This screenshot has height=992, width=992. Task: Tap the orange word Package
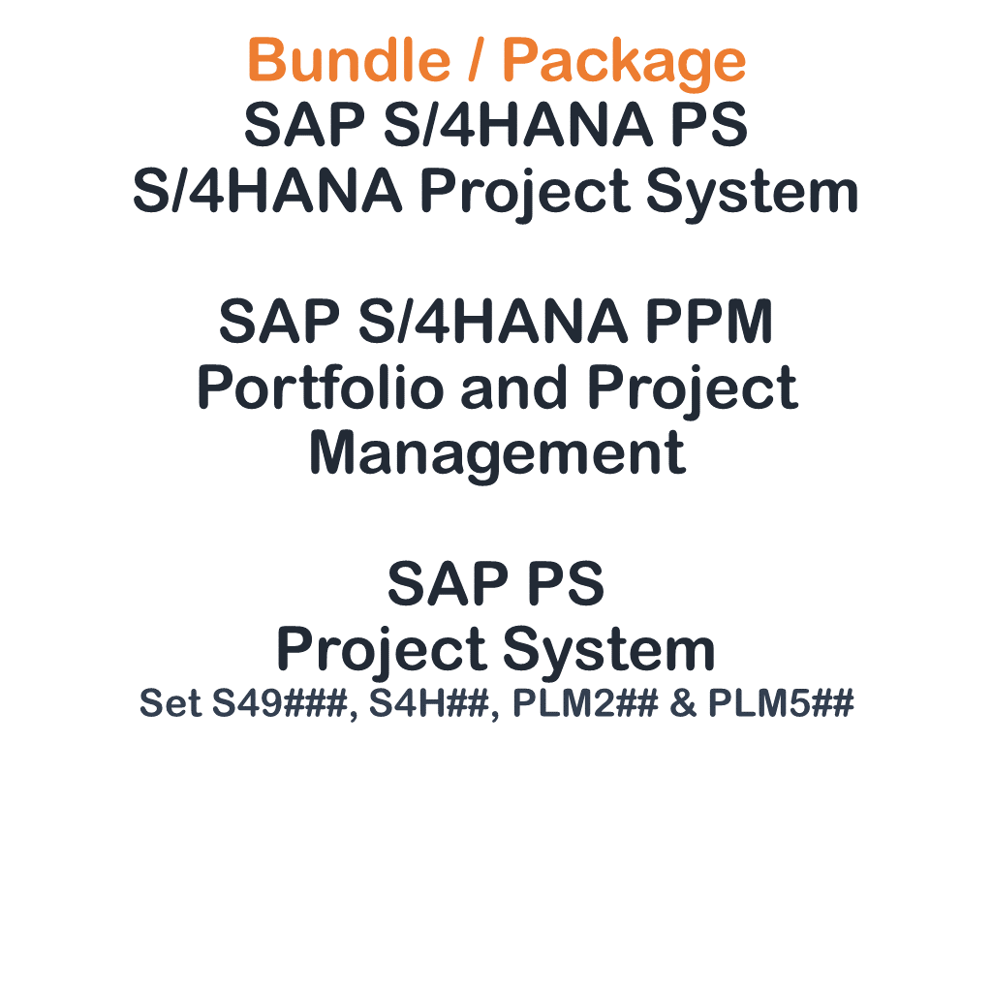[x=624, y=63]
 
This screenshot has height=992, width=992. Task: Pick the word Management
[x=497, y=455]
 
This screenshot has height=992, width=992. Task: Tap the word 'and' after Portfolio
[x=513, y=387]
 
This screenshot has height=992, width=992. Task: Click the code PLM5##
[x=782, y=703]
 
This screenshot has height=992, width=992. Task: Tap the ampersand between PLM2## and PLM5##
[x=683, y=703]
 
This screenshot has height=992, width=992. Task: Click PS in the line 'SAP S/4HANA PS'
[x=709, y=124]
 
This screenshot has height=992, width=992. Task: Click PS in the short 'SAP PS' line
[x=566, y=583]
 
